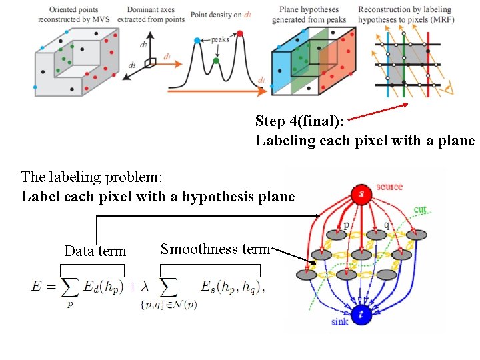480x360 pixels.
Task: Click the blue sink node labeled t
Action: point(361,314)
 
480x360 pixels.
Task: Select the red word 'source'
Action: point(389,187)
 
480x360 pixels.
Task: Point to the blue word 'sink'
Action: point(340,322)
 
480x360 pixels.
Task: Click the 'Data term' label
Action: point(95,251)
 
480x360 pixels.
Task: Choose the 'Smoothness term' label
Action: point(215,249)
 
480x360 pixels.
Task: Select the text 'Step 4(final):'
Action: point(299,121)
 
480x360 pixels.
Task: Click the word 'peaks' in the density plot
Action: point(221,39)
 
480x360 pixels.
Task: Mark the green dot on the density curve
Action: point(216,61)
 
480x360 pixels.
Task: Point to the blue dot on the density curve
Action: point(197,41)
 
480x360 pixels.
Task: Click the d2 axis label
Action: point(143,45)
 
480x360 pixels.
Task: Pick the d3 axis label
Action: point(132,65)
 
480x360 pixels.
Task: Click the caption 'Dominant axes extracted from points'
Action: point(157,14)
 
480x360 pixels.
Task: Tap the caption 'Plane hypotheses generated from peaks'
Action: point(309,15)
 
